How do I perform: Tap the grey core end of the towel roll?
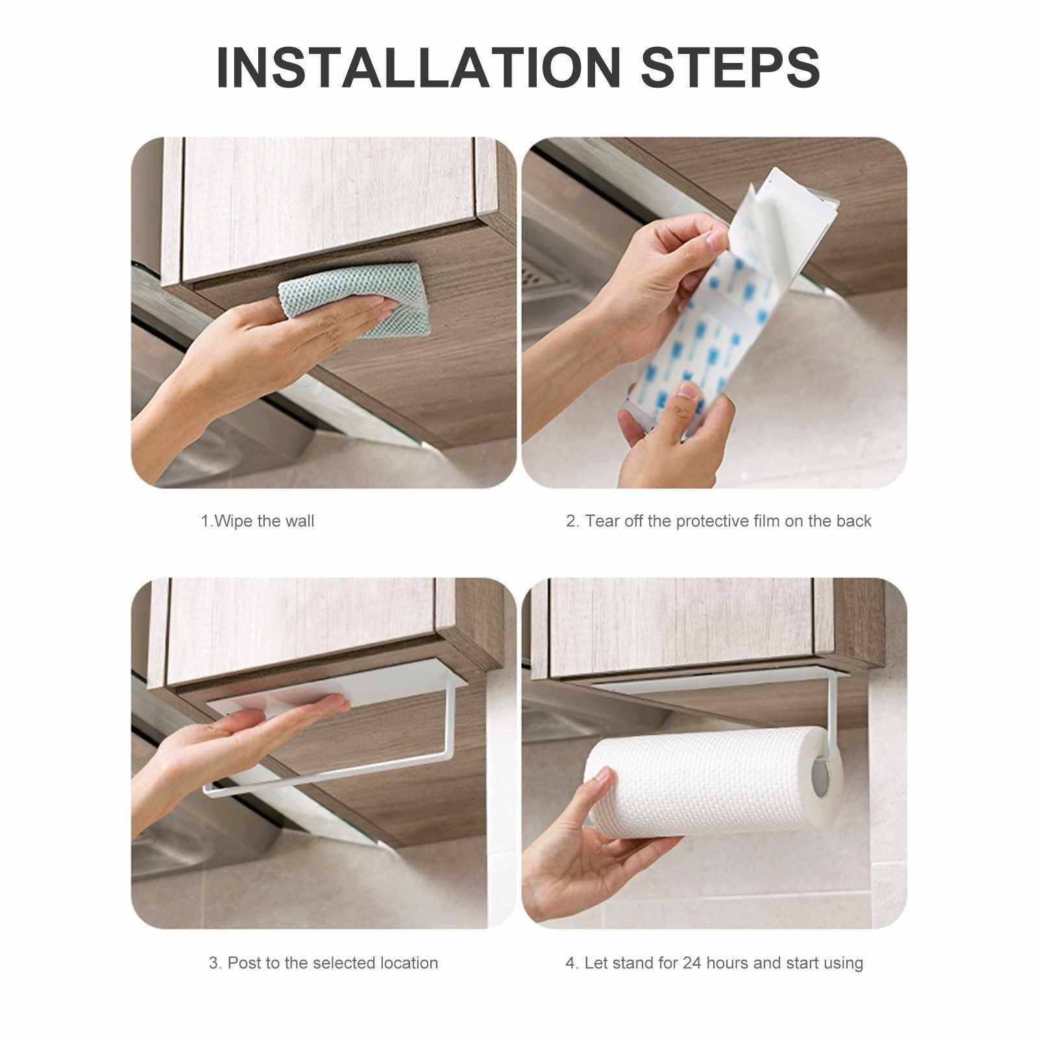[x=824, y=776]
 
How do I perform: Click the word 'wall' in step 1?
[x=299, y=521]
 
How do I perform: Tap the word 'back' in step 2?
[x=853, y=521]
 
